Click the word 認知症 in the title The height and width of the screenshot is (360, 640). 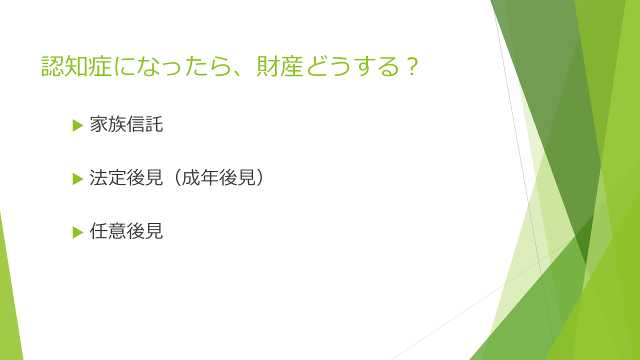click(76, 66)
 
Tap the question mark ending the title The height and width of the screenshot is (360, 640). click(412, 66)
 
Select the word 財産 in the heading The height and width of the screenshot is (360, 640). click(279, 66)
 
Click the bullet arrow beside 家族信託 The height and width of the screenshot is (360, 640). click(77, 125)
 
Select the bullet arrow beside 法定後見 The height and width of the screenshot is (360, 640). click(77, 179)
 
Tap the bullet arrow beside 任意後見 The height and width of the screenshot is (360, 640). click(77, 232)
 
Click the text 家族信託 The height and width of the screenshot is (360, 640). click(126, 124)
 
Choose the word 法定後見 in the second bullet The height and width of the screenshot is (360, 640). click(126, 177)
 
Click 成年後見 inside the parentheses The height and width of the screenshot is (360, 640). click(218, 177)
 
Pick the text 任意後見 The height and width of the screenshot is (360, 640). click(126, 231)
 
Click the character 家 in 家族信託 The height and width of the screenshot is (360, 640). click(99, 124)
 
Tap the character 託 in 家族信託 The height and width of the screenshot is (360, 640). click(154, 124)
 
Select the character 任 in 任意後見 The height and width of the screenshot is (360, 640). click(99, 231)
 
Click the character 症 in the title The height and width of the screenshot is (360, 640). click(100, 66)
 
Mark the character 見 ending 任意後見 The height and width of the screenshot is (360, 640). click(154, 231)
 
